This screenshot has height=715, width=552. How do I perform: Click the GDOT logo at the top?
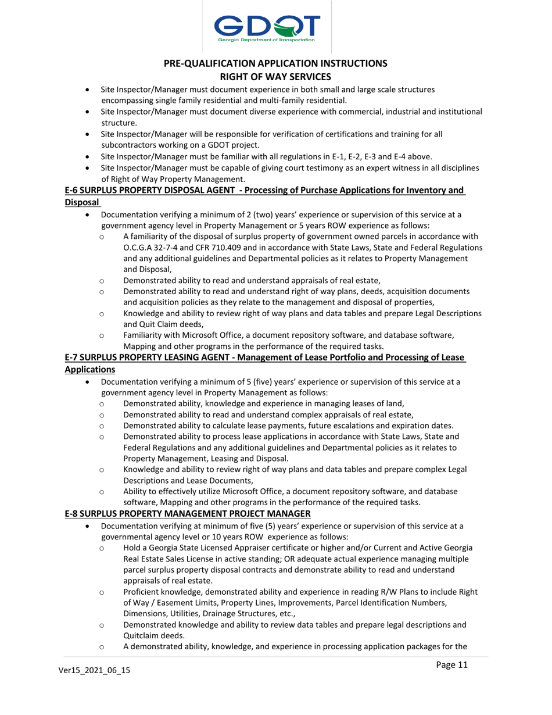click(x=267, y=26)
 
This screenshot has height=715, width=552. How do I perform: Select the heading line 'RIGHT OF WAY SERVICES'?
click(x=275, y=77)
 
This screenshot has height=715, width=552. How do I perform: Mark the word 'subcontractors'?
click(x=129, y=145)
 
